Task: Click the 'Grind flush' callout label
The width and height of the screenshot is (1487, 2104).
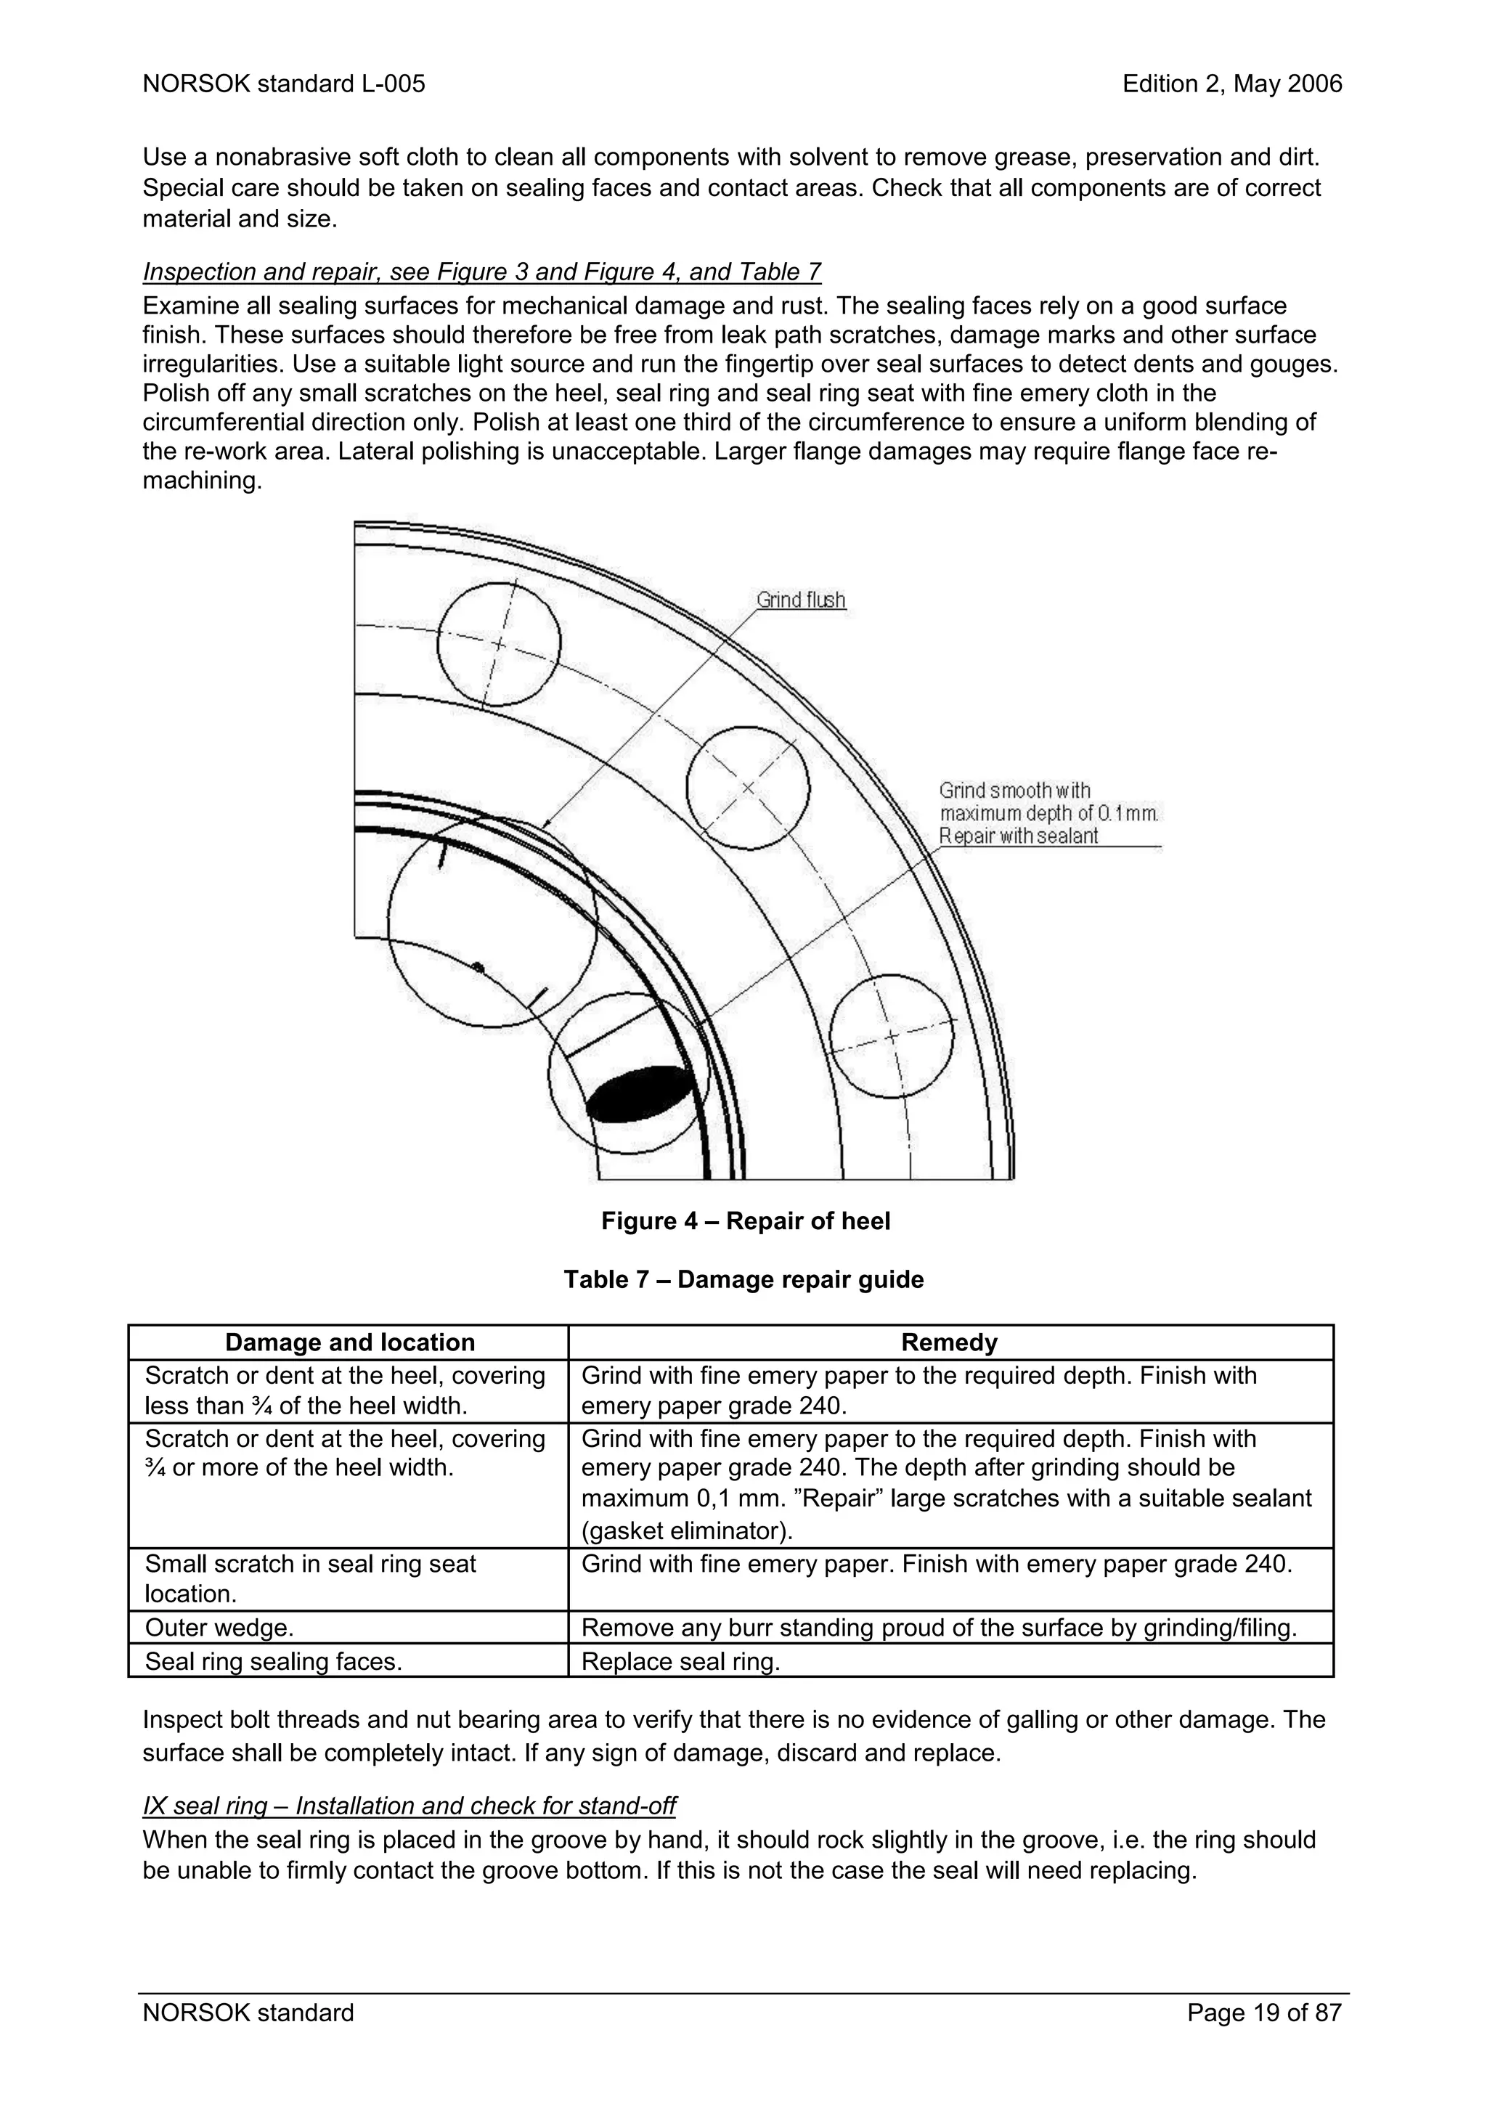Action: click(x=800, y=600)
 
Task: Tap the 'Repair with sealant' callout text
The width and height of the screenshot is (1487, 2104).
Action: click(x=1018, y=836)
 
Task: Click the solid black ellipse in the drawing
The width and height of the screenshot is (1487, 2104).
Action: click(x=640, y=1094)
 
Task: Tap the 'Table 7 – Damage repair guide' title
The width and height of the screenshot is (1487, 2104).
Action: click(x=743, y=1279)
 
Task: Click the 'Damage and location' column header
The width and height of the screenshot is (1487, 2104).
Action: click(x=349, y=1342)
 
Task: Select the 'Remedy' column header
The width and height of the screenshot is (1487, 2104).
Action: click(x=949, y=1342)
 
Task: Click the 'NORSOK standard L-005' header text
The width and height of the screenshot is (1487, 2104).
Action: click(x=284, y=84)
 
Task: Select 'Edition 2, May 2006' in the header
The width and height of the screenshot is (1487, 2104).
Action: click(x=1231, y=84)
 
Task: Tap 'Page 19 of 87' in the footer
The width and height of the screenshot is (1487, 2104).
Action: click(x=1263, y=2013)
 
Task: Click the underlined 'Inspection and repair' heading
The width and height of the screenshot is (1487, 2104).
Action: click(x=482, y=272)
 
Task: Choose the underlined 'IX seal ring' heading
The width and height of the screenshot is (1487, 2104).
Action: click(x=409, y=1806)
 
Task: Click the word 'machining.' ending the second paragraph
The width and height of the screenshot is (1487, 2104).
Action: click(x=203, y=480)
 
